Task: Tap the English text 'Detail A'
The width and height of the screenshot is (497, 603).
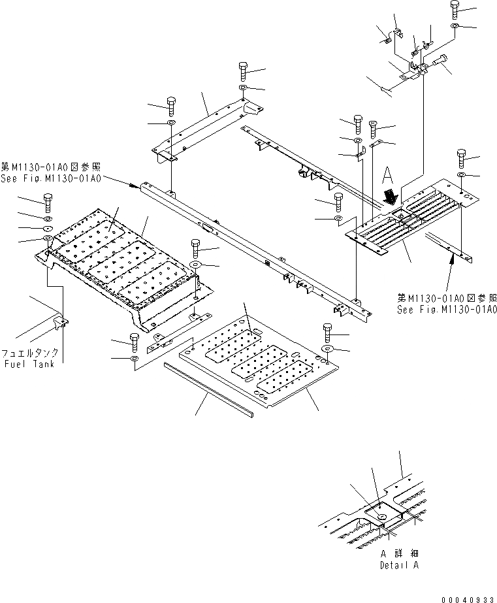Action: click(398, 564)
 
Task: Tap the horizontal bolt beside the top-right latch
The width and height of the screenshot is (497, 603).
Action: click(439, 63)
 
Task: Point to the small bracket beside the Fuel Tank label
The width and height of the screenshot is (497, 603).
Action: click(59, 321)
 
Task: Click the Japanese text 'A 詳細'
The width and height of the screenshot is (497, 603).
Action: click(399, 553)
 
